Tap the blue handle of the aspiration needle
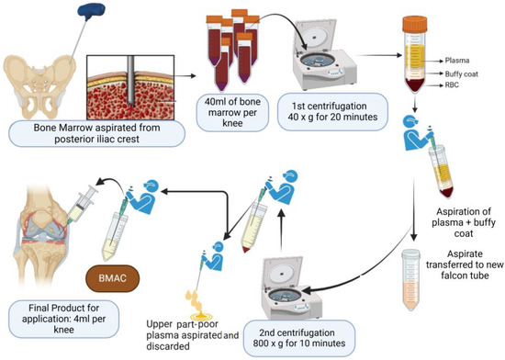tap(94, 12)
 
